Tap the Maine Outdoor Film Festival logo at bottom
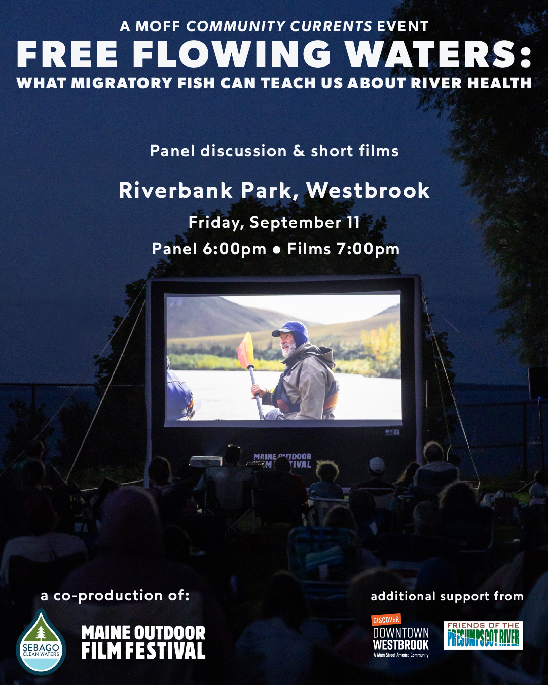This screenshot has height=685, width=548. (x=143, y=642)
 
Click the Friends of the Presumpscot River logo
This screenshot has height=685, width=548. (x=483, y=635)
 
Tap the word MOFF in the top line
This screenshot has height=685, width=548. (x=158, y=27)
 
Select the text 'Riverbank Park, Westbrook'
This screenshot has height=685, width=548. (x=274, y=190)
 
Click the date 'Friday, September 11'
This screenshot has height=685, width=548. (x=274, y=223)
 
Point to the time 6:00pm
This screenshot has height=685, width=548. (x=234, y=249)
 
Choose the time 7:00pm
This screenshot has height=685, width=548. (x=368, y=249)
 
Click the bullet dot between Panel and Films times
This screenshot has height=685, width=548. (x=277, y=250)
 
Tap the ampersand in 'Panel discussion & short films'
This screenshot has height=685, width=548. (x=299, y=151)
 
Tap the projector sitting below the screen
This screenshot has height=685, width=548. (x=206, y=460)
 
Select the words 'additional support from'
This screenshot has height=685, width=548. (x=447, y=596)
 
